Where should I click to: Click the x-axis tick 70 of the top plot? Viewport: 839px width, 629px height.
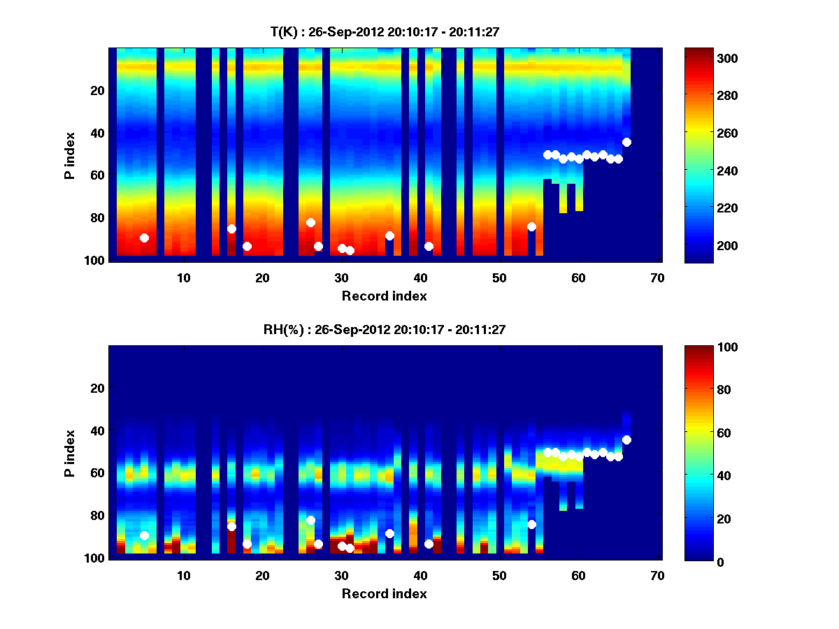point(657,277)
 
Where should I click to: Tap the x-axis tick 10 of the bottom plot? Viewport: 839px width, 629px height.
point(183,575)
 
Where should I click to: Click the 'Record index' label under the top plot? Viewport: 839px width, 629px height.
point(384,296)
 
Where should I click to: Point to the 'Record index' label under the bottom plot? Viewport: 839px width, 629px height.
point(384,594)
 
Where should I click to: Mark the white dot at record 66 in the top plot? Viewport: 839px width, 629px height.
point(626,142)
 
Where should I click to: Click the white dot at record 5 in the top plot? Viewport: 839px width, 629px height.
point(144,238)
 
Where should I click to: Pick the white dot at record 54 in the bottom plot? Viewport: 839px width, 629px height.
point(531,524)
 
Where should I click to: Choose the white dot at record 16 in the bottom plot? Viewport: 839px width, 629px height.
point(231,526)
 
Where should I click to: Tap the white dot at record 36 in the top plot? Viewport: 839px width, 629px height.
point(389,236)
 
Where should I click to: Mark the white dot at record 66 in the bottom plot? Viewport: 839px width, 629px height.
point(626,440)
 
